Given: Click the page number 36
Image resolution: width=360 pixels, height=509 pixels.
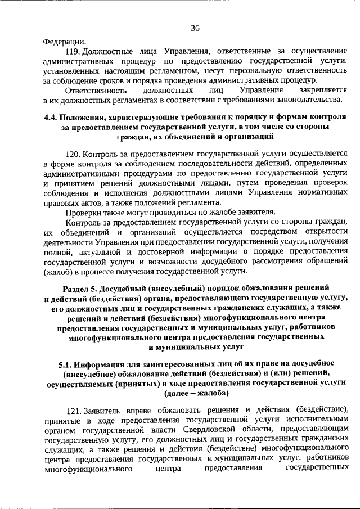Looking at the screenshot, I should pos(195,28).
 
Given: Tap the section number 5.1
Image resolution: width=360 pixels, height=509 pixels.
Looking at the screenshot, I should pos(67,364).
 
